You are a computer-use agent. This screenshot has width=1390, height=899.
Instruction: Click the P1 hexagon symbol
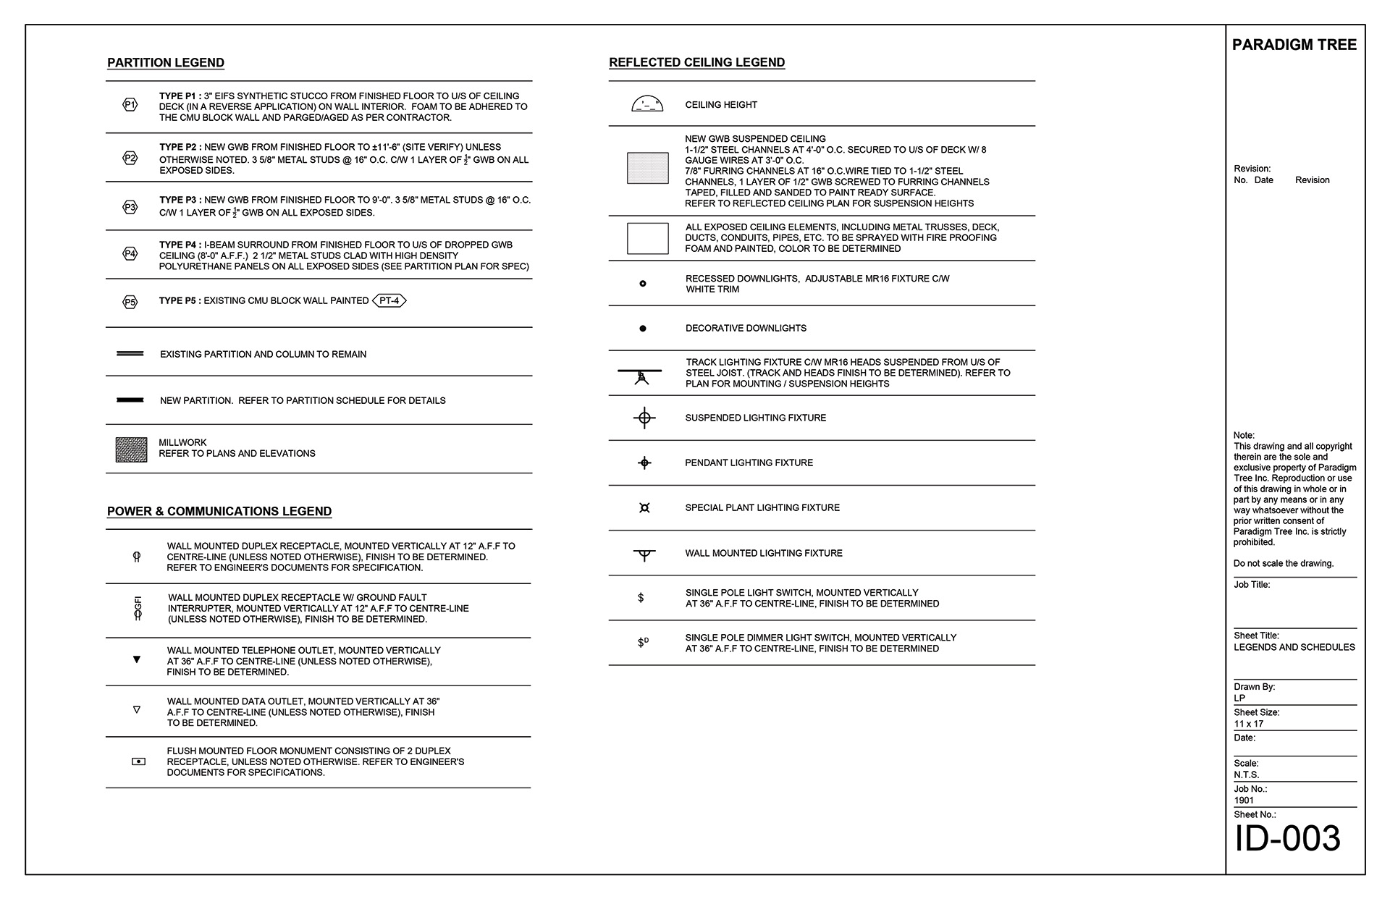[x=130, y=105]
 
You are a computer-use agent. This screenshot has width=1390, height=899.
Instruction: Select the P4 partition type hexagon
[x=130, y=253]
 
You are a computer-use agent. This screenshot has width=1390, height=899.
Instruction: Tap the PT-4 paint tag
[x=389, y=300]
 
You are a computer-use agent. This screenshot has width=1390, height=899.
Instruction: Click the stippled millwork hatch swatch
[x=131, y=449]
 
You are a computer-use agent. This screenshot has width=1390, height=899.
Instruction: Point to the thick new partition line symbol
[x=130, y=400]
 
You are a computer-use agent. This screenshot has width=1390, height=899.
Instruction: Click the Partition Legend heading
[x=166, y=63]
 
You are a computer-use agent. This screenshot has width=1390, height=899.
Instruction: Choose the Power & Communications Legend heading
[x=219, y=512]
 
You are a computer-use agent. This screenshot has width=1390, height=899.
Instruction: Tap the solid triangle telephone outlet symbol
[x=137, y=659]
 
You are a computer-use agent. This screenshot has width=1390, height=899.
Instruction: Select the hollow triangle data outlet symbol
[x=137, y=710]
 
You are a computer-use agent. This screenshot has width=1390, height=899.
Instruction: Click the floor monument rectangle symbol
[x=138, y=761]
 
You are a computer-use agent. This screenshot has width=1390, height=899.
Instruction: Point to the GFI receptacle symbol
[x=138, y=608]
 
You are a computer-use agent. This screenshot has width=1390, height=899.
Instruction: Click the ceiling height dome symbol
[x=647, y=104]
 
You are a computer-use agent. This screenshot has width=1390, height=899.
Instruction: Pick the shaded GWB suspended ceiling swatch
[x=647, y=168]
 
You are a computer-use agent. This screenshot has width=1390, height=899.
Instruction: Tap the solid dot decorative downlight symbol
[x=643, y=329]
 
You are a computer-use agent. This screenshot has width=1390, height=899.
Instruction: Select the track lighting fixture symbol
[x=641, y=375]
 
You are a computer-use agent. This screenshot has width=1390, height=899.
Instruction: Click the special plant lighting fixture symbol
[x=644, y=508]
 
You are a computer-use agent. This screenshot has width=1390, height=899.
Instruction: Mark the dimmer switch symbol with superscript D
[x=643, y=642]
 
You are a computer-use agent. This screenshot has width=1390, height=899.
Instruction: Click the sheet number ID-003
[x=1287, y=839]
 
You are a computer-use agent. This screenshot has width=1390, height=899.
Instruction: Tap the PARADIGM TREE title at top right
[x=1294, y=45]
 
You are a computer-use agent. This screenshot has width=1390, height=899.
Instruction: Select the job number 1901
[x=1244, y=801]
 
